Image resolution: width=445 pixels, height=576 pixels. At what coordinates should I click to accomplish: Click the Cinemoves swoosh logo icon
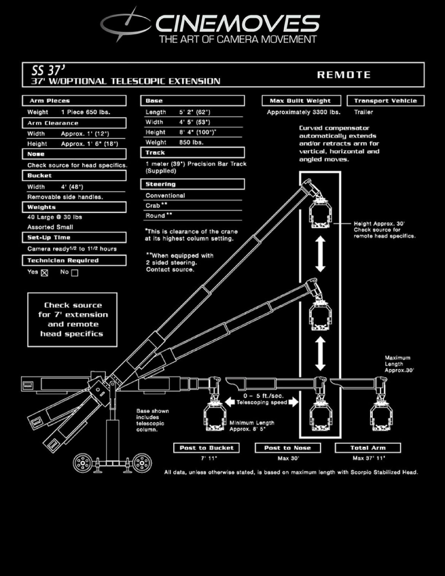pyautogui.click(x=124, y=24)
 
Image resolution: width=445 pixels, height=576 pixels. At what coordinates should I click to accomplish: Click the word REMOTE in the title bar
pyautogui.click(x=343, y=75)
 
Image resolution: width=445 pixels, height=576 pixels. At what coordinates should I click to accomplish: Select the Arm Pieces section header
pyautogui.click(x=74, y=101)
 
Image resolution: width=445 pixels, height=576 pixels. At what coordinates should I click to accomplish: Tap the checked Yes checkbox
pyautogui.click(x=44, y=272)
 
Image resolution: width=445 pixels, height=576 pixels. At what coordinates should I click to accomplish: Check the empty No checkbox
pyautogui.click(x=75, y=272)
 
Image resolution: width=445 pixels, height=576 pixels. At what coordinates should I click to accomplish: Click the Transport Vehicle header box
pyautogui.click(x=385, y=101)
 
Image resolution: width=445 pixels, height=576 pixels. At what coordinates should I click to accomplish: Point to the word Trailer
pyautogui.click(x=363, y=112)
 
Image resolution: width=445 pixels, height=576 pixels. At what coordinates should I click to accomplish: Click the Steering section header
pyautogui.click(x=192, y=184)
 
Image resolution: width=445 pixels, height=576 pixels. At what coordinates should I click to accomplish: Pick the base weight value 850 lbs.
pyautogui.click(x=191, y=142)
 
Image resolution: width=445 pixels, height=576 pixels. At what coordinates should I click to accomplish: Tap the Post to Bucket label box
pyautogui.click(x=207, y=448)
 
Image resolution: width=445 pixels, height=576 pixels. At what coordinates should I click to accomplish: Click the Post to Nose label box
pyautogui.click(x=288, y=448)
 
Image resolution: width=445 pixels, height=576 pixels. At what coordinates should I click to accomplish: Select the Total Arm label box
pyautogui.click(x=368, y=448)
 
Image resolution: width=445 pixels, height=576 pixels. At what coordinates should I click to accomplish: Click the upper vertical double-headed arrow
pyautogui.click(x=320, y=254)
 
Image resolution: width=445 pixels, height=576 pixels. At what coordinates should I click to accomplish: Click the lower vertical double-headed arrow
pyautogui.click(x=320, y=354)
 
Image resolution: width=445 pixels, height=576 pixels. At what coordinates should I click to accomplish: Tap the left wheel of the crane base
pyautogui.click(x=82, y=463)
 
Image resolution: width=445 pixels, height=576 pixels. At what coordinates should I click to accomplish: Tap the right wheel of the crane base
pyautogui.click(x=142, y=463)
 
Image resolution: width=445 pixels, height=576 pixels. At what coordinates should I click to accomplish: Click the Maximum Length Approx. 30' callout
pyautogui.click(x=398, y=364)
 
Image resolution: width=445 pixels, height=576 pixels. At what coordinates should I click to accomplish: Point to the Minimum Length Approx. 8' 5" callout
pyautogui.click(x=251, y=426)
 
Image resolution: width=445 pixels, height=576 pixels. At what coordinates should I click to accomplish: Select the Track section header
pyautogui.click(x=192, y=153)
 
